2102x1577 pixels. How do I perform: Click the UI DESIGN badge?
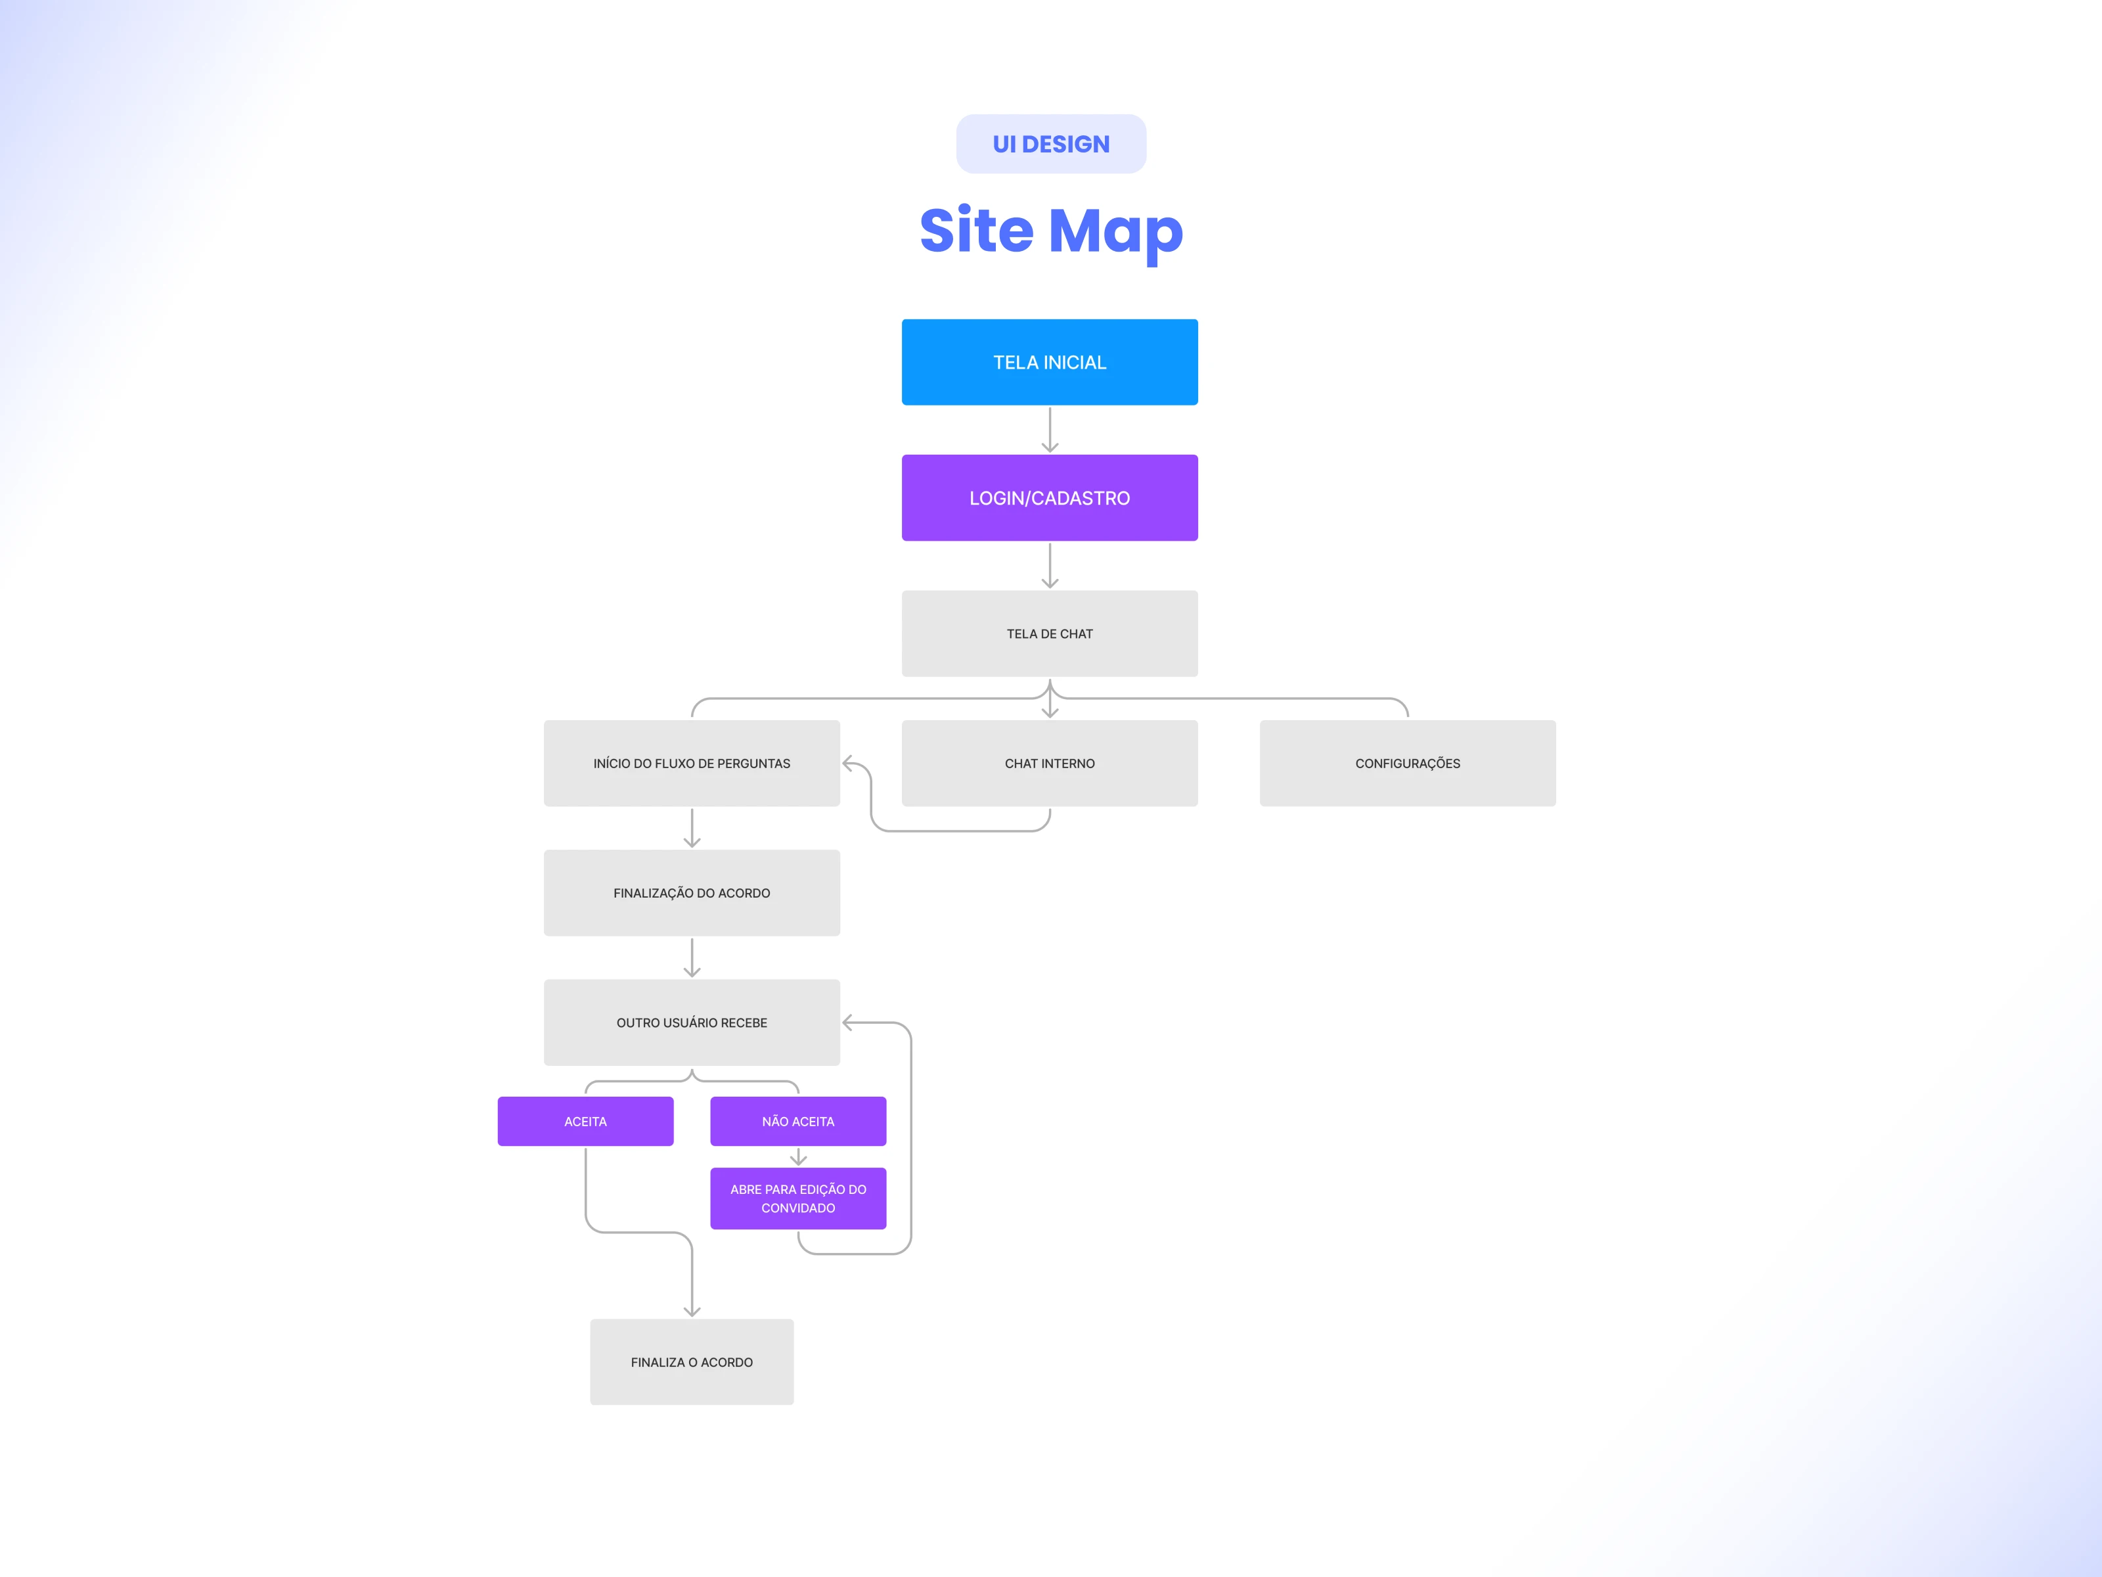tap(1051, 143)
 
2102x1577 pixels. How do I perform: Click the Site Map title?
tap(1051, 231)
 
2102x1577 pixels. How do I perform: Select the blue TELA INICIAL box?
tap(1049, 362)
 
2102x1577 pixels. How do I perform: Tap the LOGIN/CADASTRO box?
tap(1049, 498)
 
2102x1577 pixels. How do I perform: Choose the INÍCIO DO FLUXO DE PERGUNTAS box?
tap(692, 764)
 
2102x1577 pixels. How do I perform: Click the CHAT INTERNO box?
tap(1049, 764)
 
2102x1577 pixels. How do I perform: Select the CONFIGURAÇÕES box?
tap(1407, 764)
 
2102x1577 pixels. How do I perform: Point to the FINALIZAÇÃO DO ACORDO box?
tap(692, 892)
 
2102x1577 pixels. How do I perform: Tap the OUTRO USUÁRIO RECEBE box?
tap(692, 1023)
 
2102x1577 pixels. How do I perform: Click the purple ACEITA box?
tap(585, 1122)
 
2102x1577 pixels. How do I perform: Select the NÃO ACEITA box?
tap(798, 1122)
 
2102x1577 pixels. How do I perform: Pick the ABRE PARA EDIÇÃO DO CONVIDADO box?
tap(798, 1199)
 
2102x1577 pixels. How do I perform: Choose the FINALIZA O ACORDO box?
tap(692, 1362)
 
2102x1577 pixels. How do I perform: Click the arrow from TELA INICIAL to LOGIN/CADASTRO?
tap(1049, 430)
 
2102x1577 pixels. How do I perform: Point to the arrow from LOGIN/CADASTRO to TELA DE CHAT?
tap(1049, 566)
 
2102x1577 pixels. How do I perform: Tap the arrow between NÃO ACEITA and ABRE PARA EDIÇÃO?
tap(798, 1157)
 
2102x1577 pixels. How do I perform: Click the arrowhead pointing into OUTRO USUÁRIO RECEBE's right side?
tap(849, 1023)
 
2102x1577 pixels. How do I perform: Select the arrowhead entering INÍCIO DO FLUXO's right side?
tap(849, 764)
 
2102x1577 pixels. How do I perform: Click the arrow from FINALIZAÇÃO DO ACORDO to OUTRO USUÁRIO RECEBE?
tap(692, 958)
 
